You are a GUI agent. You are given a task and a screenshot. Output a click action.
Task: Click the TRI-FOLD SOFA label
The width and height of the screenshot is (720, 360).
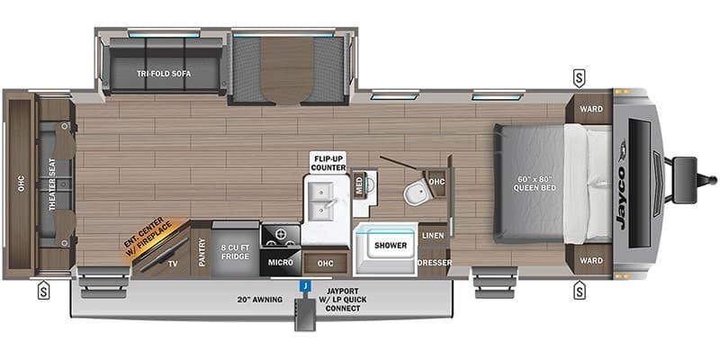[x=166, y=74]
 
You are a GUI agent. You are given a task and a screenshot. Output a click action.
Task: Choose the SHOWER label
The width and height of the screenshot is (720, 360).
[x=390, y=245]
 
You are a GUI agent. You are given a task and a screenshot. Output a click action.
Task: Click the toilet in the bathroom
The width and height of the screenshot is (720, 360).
[x=416, y=192]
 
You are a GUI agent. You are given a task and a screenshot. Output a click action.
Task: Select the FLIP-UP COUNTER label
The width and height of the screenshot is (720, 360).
[x=328, y=162]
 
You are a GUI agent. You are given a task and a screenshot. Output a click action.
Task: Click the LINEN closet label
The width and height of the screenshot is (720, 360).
[x=432, y=236]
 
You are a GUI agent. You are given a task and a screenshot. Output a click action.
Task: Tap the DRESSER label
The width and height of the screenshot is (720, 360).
[x=433, y=263]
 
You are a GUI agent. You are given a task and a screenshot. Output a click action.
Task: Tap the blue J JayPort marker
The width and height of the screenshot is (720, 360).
[x=306, y=286]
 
